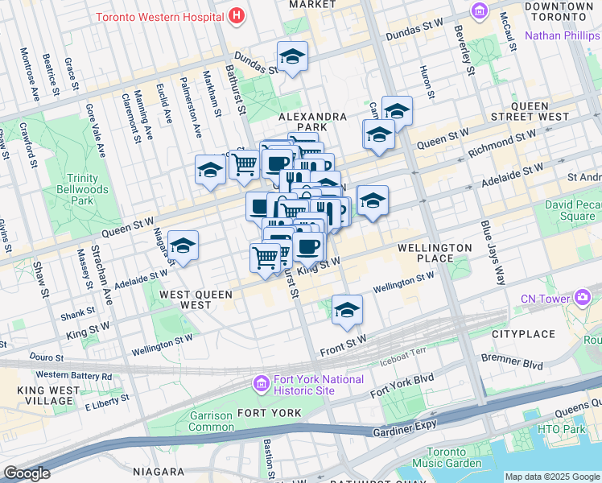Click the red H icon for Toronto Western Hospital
point(236,15)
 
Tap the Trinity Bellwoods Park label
point(83,188)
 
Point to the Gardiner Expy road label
point(404,432)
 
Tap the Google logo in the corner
point(27,473)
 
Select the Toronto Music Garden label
point(456,457)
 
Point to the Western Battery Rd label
point(74,375)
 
